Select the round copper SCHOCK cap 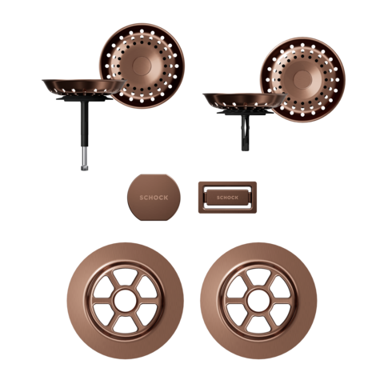coord(148,186)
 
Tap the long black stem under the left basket coord(82,128)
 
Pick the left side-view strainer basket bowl coord(80,85)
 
